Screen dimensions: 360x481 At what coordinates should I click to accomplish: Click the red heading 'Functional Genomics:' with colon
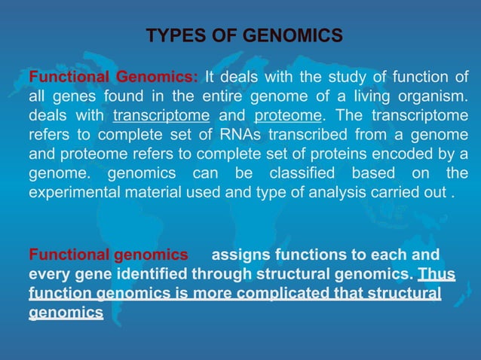pos(113,78)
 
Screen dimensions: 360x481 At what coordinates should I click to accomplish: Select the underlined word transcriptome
pos(161,116)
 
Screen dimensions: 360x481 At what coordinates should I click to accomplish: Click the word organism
pos(432,97)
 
